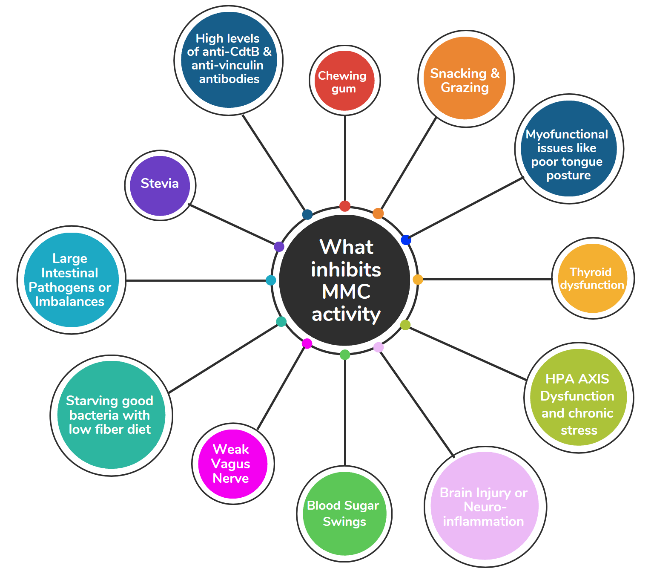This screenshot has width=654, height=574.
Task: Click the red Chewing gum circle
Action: coord(344,81)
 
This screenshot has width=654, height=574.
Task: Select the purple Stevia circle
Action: coord(160,185)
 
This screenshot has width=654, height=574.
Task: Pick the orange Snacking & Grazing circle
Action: coord(465,78)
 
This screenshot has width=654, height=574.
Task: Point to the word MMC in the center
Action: coord(346,292)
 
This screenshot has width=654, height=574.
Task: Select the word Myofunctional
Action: coord(567,134)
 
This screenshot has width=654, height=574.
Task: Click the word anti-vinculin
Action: coord(227,65)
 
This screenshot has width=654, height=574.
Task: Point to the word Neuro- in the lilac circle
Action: coord(485,507)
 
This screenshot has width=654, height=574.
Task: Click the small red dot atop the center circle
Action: coord(345,206)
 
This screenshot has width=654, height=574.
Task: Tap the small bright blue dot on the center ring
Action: coord(406,240)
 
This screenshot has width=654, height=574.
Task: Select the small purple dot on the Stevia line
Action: coord(279,246)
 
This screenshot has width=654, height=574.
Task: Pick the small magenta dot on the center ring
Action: coord(307,343)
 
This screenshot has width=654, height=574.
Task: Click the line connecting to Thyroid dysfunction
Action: coord(485,279)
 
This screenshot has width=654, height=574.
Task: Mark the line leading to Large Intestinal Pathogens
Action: coord(196,280)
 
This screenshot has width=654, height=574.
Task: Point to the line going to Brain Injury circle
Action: coord(417,403)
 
